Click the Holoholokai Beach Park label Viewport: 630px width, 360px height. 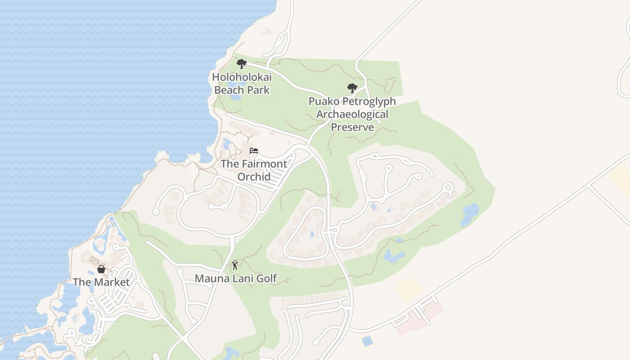coord(242,84)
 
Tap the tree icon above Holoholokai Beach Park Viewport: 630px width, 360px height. coord(242,64)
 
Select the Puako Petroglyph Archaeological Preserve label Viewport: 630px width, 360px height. coord(352,114)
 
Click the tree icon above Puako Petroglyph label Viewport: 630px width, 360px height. coord(352,88)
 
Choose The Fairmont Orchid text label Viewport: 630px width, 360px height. coord(254,170)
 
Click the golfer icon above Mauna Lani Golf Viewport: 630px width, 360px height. coord(235,265)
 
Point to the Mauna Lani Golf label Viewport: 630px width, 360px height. coord(235,279)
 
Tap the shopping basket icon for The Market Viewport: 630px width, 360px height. coord(101,269)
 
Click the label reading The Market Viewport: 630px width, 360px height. coord(101,282)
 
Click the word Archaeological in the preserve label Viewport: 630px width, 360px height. coord(352,114)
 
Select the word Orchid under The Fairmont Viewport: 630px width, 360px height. coord(254,177)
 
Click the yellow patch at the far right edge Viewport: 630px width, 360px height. coord(621,180)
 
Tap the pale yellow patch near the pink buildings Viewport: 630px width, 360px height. coord(409,289)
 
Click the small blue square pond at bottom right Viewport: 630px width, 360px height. coord(368,341)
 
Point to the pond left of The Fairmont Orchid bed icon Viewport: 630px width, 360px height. coord(226,144)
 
